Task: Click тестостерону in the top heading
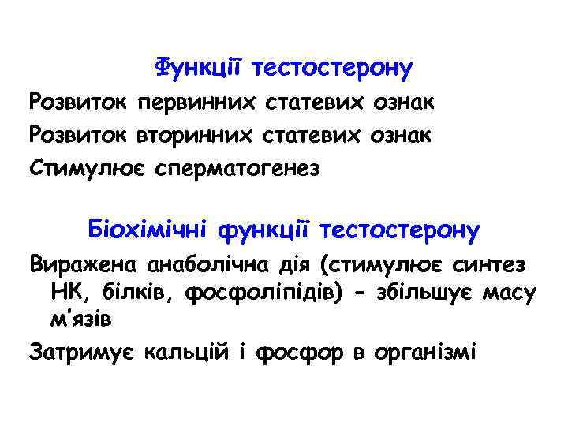[x=332, y=69]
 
